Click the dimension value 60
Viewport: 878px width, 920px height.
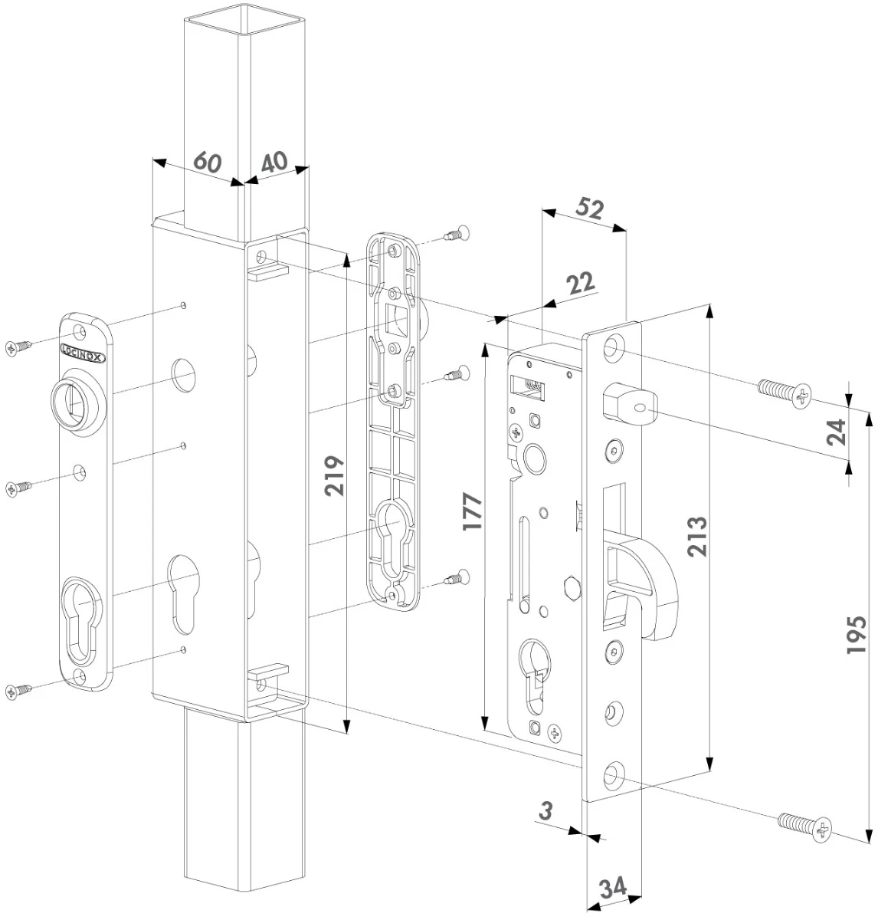[x=207, y=163]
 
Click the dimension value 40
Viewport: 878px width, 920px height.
[x=274, y=162]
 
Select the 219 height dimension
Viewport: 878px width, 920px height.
[x=335, y=476]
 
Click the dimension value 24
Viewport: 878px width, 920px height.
[x=837, y=432]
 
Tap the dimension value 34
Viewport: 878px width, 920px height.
[x=612, y=889]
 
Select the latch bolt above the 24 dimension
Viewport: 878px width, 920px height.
[x=628, y=406]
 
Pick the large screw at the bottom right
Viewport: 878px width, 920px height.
[x=804, y=826]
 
